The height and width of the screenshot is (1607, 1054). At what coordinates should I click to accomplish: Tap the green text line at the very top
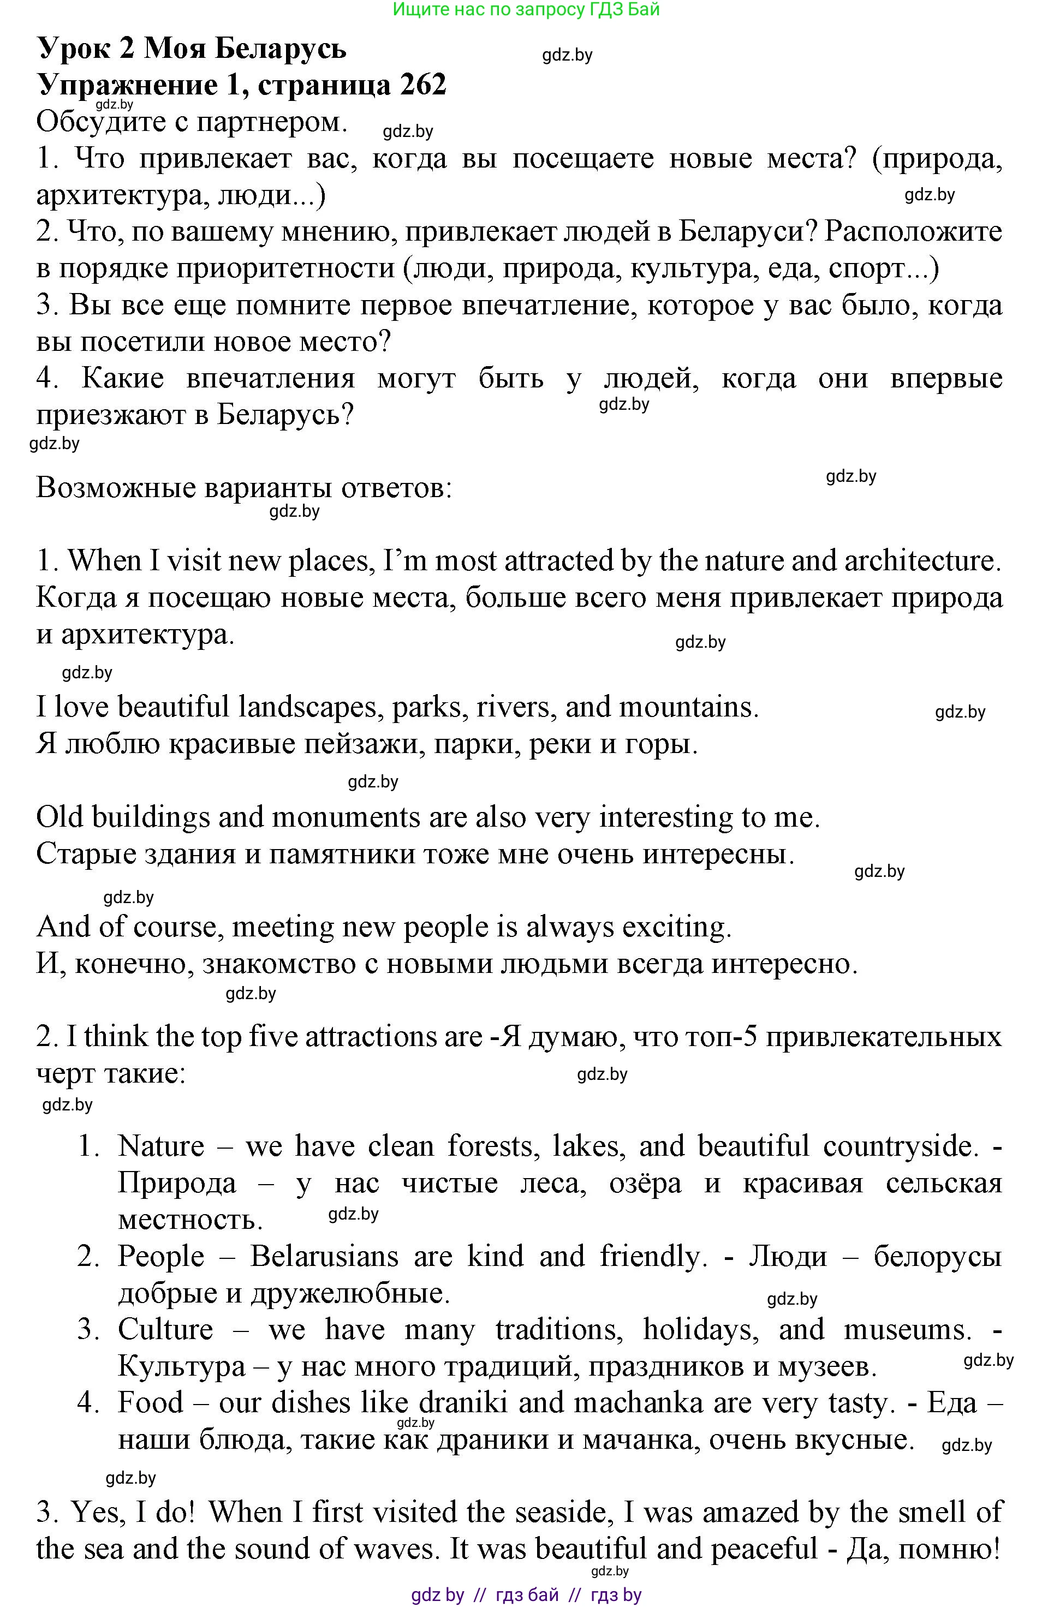coord(526,9)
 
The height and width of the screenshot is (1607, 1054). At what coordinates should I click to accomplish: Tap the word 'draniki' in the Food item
coord(462,1403)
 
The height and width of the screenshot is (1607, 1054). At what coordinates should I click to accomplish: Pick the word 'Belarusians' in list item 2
coord(324,1257)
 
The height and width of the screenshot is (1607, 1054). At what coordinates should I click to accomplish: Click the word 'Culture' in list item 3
coord(165,1329)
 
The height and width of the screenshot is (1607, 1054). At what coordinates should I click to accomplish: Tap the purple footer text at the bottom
coord(526,1595)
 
